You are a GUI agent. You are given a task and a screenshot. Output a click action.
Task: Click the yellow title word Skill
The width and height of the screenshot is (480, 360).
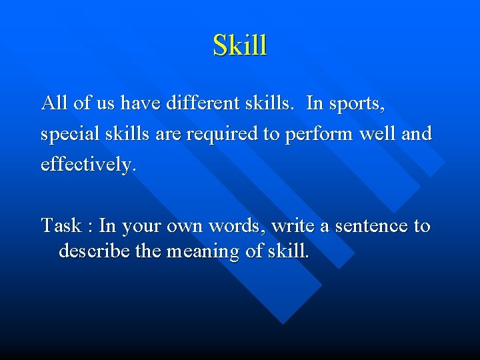pyautogui.click(x=240, y=45)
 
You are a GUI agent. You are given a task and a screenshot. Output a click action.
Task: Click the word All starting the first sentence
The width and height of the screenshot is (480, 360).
pyautogui.click(x=53, y=103)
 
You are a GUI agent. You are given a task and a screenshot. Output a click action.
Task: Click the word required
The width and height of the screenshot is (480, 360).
pyautogui.click(x=223, y=134)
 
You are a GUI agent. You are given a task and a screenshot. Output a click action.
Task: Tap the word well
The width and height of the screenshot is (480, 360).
pyautogui.click(x=379, y=133)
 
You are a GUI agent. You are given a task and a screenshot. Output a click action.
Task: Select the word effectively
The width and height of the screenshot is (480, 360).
pyautogui.click(x=88, y=164)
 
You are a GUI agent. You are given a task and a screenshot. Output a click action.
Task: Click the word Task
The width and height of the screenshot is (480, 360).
pyautogui.click(x=61, y=226)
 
